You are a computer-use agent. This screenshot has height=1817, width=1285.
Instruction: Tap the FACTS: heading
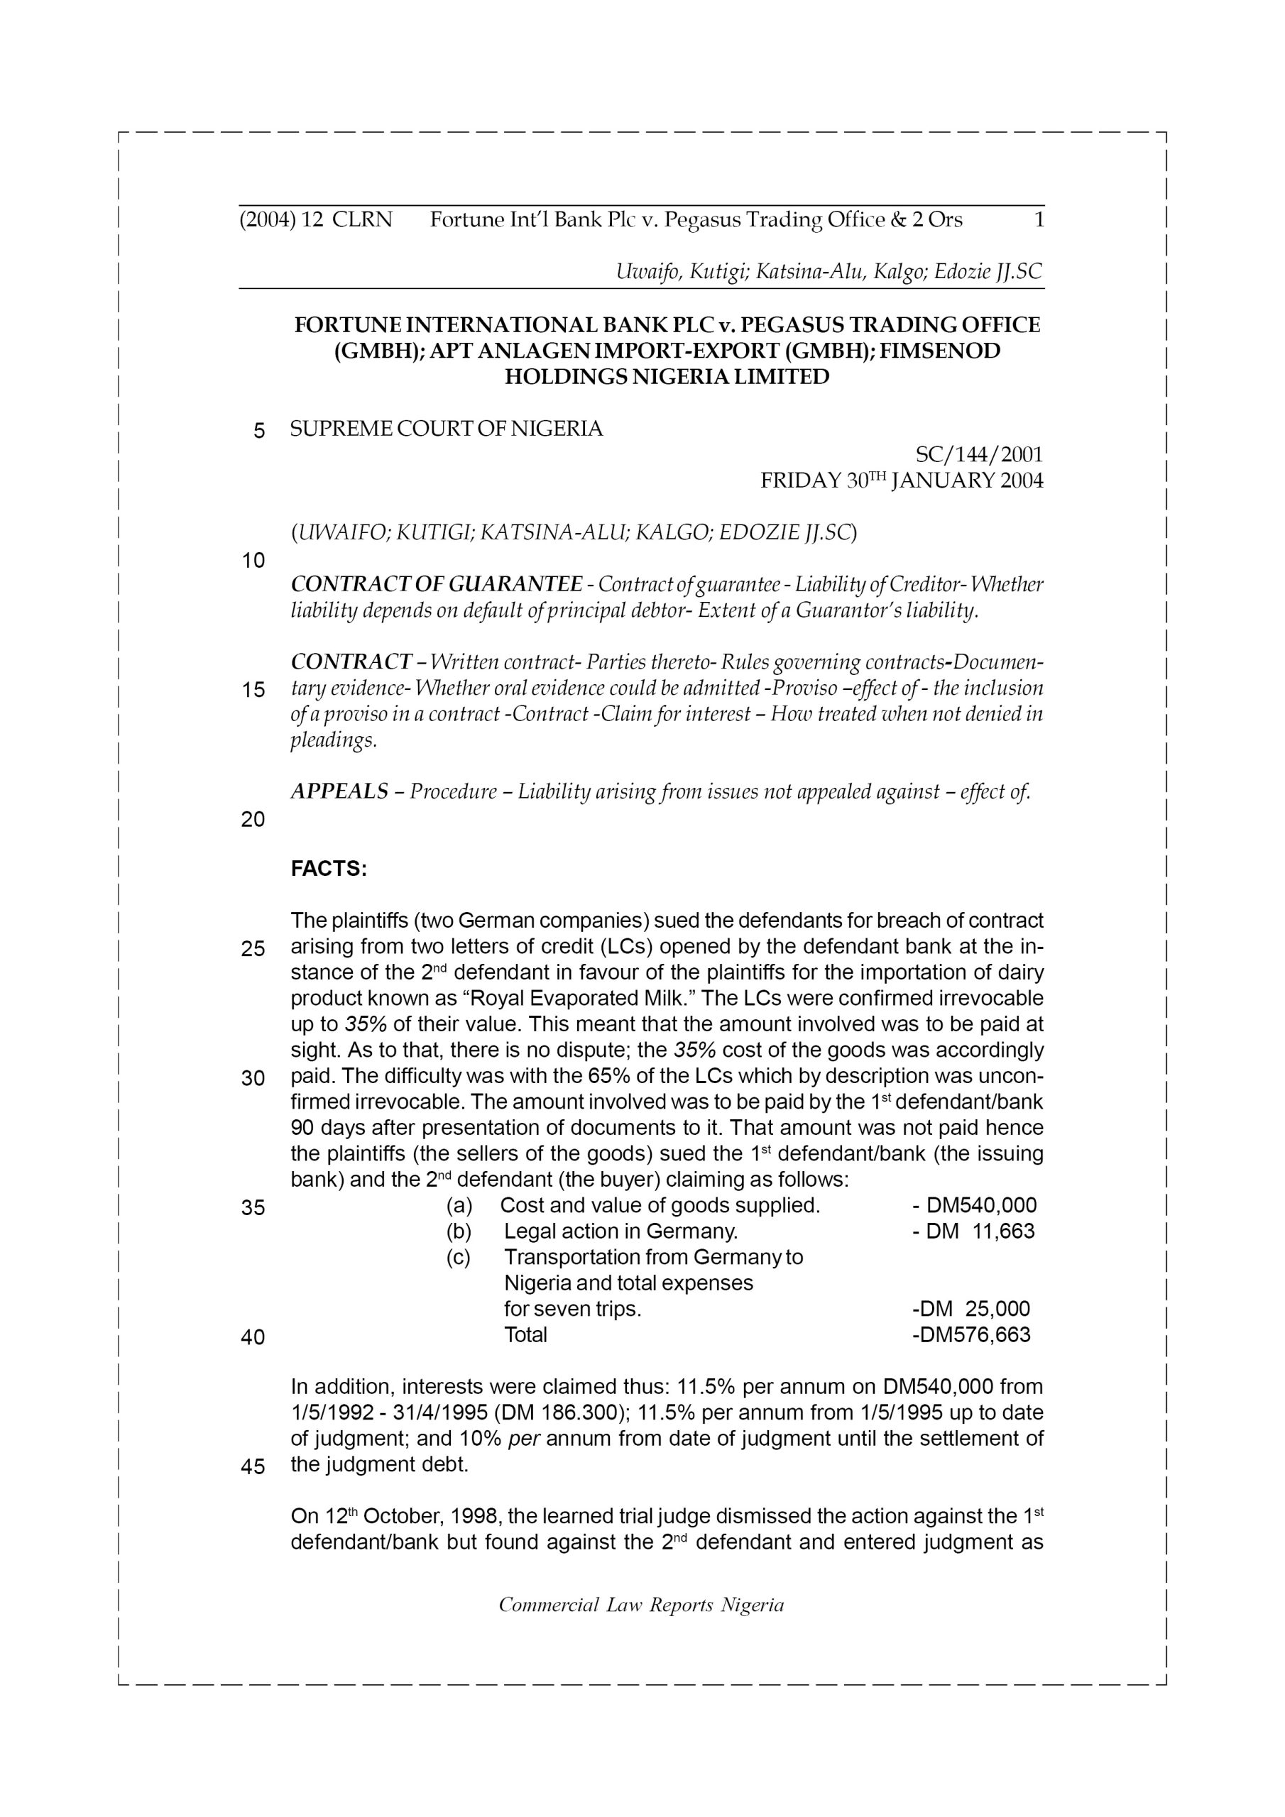coord(329,869)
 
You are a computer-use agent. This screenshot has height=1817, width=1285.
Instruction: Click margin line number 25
coord(253,949)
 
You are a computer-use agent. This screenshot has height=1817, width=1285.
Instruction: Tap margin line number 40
coord(253,1337)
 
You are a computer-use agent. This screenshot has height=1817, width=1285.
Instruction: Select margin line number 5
coord(259,432)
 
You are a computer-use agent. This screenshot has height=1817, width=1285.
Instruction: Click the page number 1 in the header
coord(1039,220)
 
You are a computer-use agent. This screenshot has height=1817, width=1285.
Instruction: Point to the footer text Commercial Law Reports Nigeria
coord(641,1605)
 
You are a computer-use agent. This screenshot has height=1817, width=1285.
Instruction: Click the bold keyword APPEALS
coord(339,791)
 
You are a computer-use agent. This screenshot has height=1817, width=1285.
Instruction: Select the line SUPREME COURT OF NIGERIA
coord(447,429)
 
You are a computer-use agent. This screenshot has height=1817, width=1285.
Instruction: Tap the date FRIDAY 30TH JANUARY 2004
coord(902,481)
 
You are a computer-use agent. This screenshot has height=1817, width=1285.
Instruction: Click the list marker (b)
coord(459,1231)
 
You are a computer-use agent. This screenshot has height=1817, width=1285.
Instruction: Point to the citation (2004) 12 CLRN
coord(316,220)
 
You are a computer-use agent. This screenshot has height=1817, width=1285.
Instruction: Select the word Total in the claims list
coord(526,1335)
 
